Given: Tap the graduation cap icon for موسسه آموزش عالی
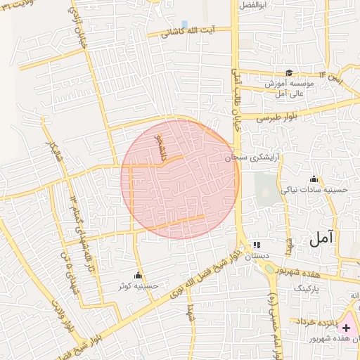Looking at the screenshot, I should pos(289,72).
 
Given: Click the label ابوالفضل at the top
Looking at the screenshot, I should pos(254,5).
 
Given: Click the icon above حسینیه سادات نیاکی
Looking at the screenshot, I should pos(313,179).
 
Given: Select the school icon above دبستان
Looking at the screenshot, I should pos(257,245).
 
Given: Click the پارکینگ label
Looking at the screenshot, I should pos(306,288).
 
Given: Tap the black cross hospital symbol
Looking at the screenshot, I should pos(346,327).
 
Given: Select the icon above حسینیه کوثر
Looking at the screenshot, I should pos(138,275).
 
